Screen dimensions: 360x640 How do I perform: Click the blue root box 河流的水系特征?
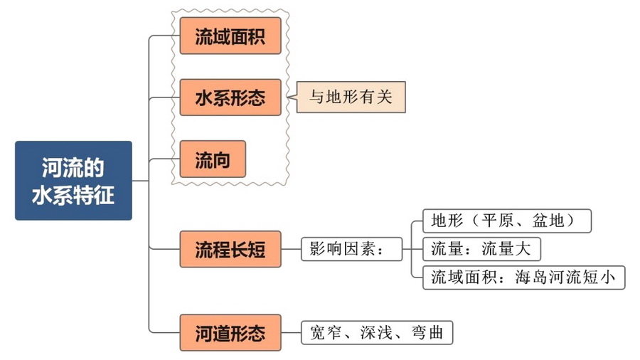[73, 180]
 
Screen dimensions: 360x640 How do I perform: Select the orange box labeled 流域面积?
[230, 36]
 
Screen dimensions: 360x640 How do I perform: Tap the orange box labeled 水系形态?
[230, 97]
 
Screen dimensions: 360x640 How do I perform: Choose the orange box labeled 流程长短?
[230, 248]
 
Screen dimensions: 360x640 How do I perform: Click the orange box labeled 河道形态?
[230, 332]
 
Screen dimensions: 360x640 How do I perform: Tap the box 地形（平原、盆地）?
[507, 221]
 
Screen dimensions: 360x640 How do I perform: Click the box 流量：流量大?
[481, 249]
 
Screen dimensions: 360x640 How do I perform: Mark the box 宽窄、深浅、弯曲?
[377, 332]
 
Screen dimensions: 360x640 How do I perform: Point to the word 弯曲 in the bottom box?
[427, 332]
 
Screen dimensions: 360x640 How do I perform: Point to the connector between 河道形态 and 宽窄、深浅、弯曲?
[292, 332]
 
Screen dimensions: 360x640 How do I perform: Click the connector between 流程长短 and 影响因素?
[292, 249]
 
